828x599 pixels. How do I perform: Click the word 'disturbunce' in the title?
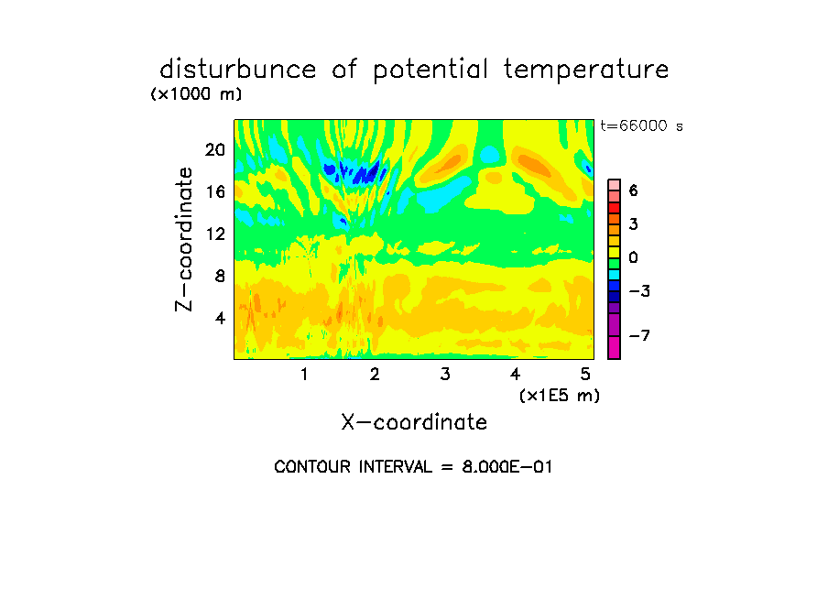tap(238, 70)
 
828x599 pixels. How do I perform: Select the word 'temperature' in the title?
tap(586, 71)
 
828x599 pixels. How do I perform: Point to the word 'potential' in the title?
tap(430, 71)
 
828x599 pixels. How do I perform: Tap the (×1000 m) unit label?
tap(196, 94)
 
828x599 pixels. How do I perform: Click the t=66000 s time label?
tap(641, 126)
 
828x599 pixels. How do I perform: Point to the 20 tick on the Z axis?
tap(215, 150)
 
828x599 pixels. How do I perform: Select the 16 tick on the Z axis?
tap(215, 191)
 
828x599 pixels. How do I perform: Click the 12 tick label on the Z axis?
tap(215, 234)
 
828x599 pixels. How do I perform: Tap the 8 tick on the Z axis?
tap(220, 276)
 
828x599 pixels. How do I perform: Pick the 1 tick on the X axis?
tap(304, 375)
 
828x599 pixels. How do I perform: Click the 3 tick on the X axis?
tap(445, 375)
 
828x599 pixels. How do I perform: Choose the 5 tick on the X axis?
tap(585, 375)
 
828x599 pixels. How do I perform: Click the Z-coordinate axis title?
tap(184, 239)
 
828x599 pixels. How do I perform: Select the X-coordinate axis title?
tap(414, 422)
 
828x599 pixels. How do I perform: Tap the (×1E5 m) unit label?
tap(560, 396)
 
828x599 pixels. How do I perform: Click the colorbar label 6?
tap(633, 191)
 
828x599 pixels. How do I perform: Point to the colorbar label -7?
tap(639, 335)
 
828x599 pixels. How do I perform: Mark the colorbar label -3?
tap(639, 291)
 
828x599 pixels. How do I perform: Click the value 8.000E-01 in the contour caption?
tap(507, 467)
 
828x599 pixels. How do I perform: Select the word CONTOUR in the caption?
tap(312, 467)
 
